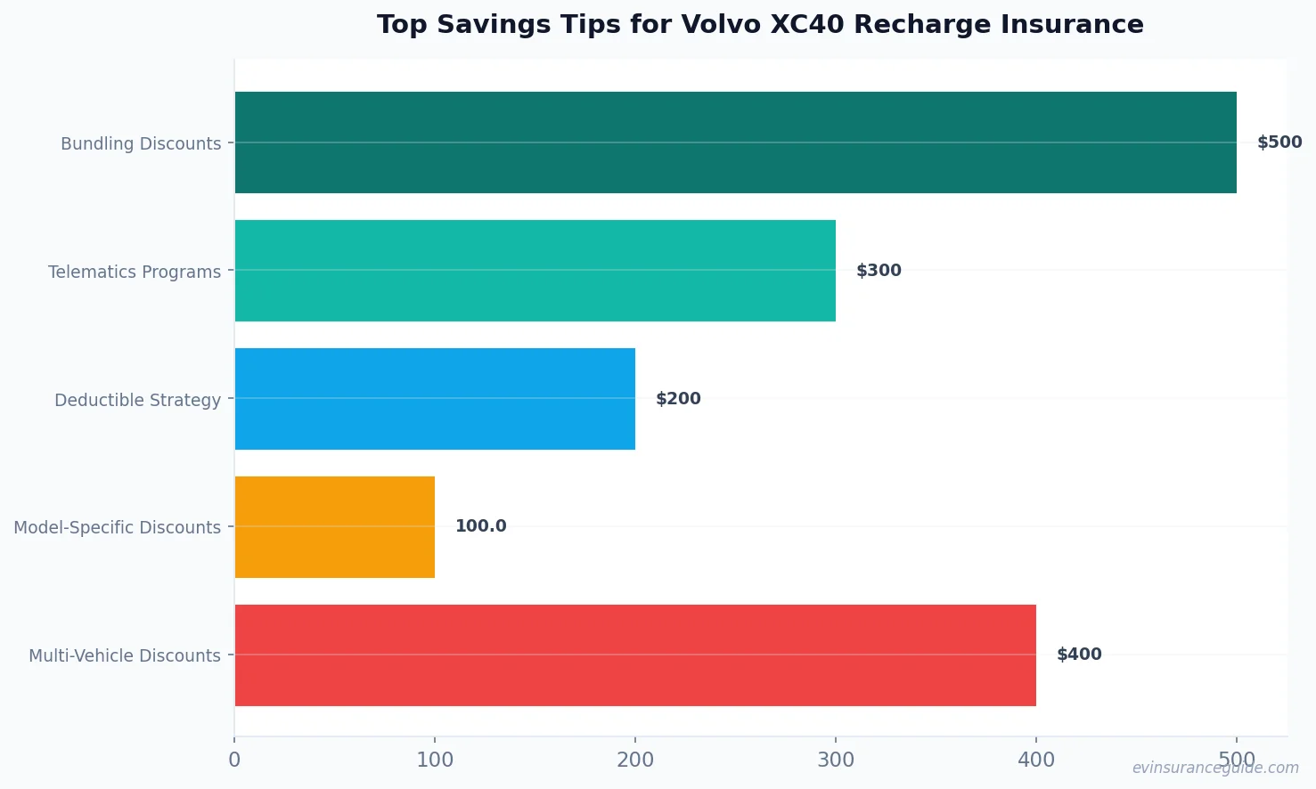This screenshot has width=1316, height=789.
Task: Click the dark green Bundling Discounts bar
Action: pos(735,142)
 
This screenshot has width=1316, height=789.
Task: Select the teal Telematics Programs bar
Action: pos(535,271)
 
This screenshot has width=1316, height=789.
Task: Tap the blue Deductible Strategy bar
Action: pos(435,399)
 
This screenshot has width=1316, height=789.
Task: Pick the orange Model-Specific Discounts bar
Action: pos(334,527)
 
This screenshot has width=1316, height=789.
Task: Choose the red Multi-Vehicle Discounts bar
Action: pos(634,655)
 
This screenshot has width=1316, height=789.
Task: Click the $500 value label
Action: pos(1279,142)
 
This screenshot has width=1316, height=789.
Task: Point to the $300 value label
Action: pos(879,271)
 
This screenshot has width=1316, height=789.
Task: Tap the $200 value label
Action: pos(678,399)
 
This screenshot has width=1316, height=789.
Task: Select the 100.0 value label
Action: pos(480,526)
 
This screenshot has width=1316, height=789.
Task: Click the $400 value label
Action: pos(1079,655)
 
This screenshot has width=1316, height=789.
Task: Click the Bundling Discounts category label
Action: pos(141,143)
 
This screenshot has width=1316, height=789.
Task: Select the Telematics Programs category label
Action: pos(135,272)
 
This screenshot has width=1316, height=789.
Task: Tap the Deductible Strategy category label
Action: pos(137,400)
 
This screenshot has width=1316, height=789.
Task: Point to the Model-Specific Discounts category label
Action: pos(117,527)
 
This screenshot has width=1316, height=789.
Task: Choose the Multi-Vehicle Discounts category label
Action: pos(125,655)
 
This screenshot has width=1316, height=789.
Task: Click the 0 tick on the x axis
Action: pos(234,760)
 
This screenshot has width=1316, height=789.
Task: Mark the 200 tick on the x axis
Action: pos(635,760)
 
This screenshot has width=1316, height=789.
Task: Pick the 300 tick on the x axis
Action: pos(836,760)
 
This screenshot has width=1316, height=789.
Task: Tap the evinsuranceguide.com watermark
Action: pos(1215,768)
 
